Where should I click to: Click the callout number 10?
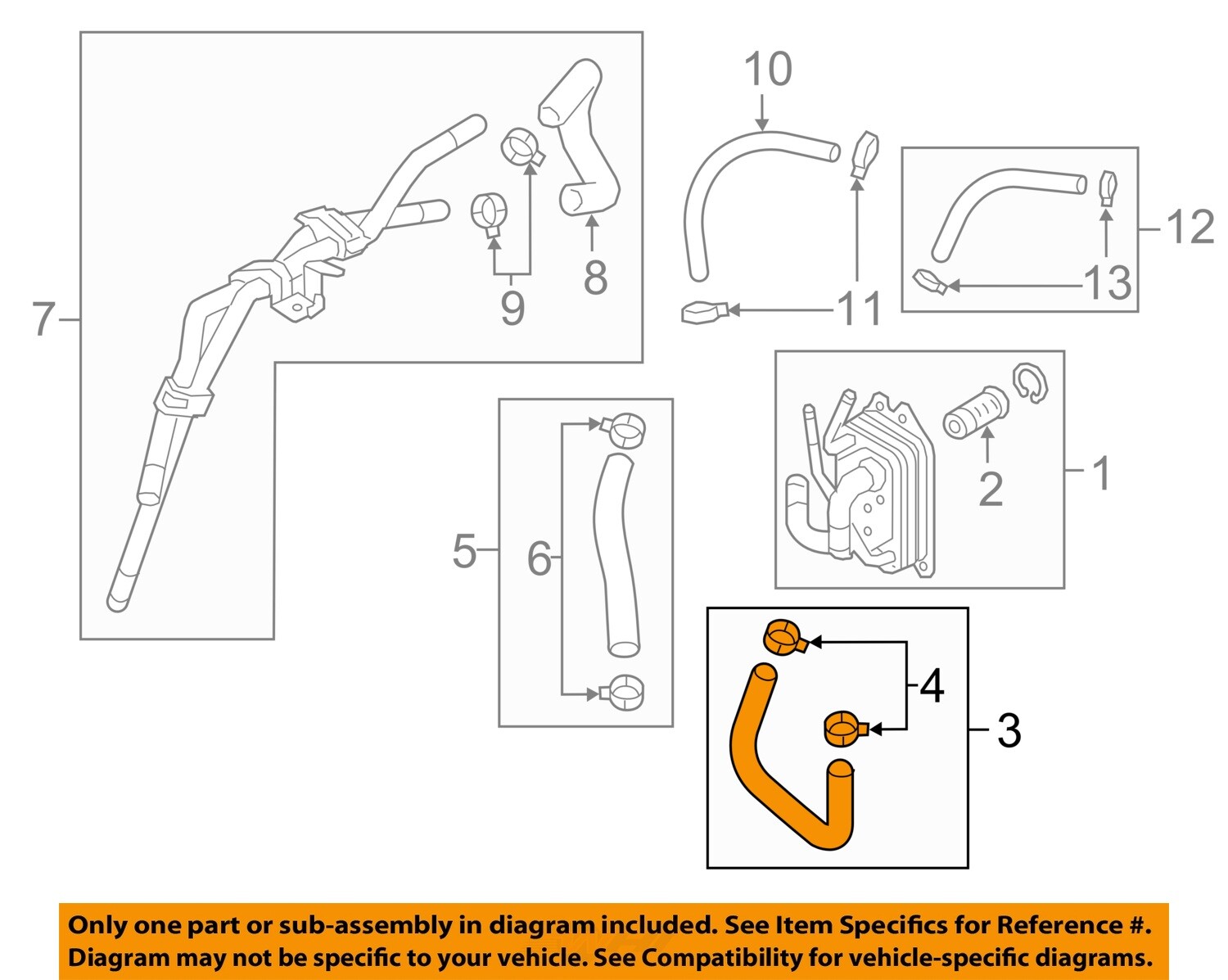[x=767, y=70]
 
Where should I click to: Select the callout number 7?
[x=44, y=319]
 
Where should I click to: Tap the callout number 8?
[x=595, y=278]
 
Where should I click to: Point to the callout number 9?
[x=512, y=309]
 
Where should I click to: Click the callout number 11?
[x=859, y=309]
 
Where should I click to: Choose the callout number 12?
[x=1190, y=228]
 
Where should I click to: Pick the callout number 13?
[x=1107, y=283]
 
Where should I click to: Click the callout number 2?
[x=990, y=490]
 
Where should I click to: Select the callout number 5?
[x=464, y=551]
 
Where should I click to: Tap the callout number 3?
[x=1009, y=730]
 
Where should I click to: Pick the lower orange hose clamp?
[x=843, y=728]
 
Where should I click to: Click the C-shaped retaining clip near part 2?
[x=1030, y=383]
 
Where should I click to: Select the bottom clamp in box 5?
[x=622, y=692]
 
